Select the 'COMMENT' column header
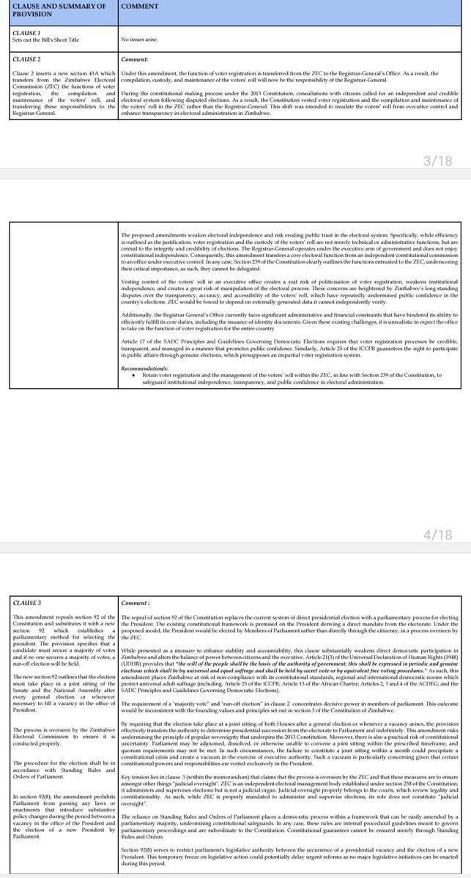coord(141,7)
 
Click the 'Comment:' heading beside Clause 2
coord(135,58)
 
